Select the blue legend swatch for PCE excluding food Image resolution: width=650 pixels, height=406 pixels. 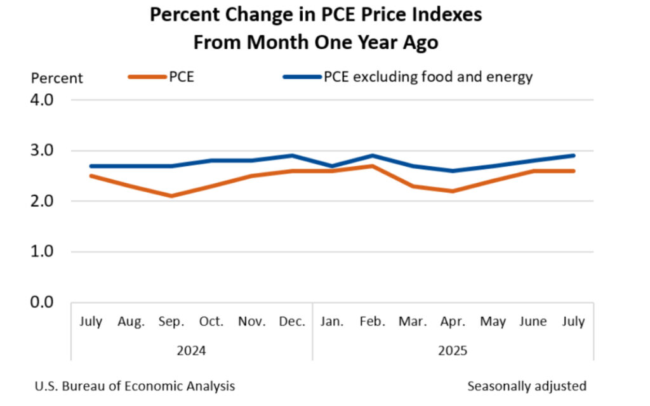click(x=302, y=77)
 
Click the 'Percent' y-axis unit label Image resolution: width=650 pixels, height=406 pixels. click(x=57, y=79)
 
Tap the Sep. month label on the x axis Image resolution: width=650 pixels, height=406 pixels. click(x=171, y=322)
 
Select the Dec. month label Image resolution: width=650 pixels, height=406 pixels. click(x=292, y=322)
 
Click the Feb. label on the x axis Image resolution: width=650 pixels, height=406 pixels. click(x=372, y=322)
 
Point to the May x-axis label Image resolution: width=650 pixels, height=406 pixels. click(x=493, y=322)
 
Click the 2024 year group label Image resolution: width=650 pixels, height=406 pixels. click(x=192, y=350)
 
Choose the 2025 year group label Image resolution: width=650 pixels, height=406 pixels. click(x=453, y=350)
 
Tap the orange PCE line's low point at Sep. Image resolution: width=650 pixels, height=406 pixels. click(x=171, y=196)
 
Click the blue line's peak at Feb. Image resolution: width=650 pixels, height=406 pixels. click(x=372, y=155)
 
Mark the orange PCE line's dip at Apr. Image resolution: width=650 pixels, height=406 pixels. click(x=452, y=191)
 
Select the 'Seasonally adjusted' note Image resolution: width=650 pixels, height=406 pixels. click(x=527, y=386)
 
